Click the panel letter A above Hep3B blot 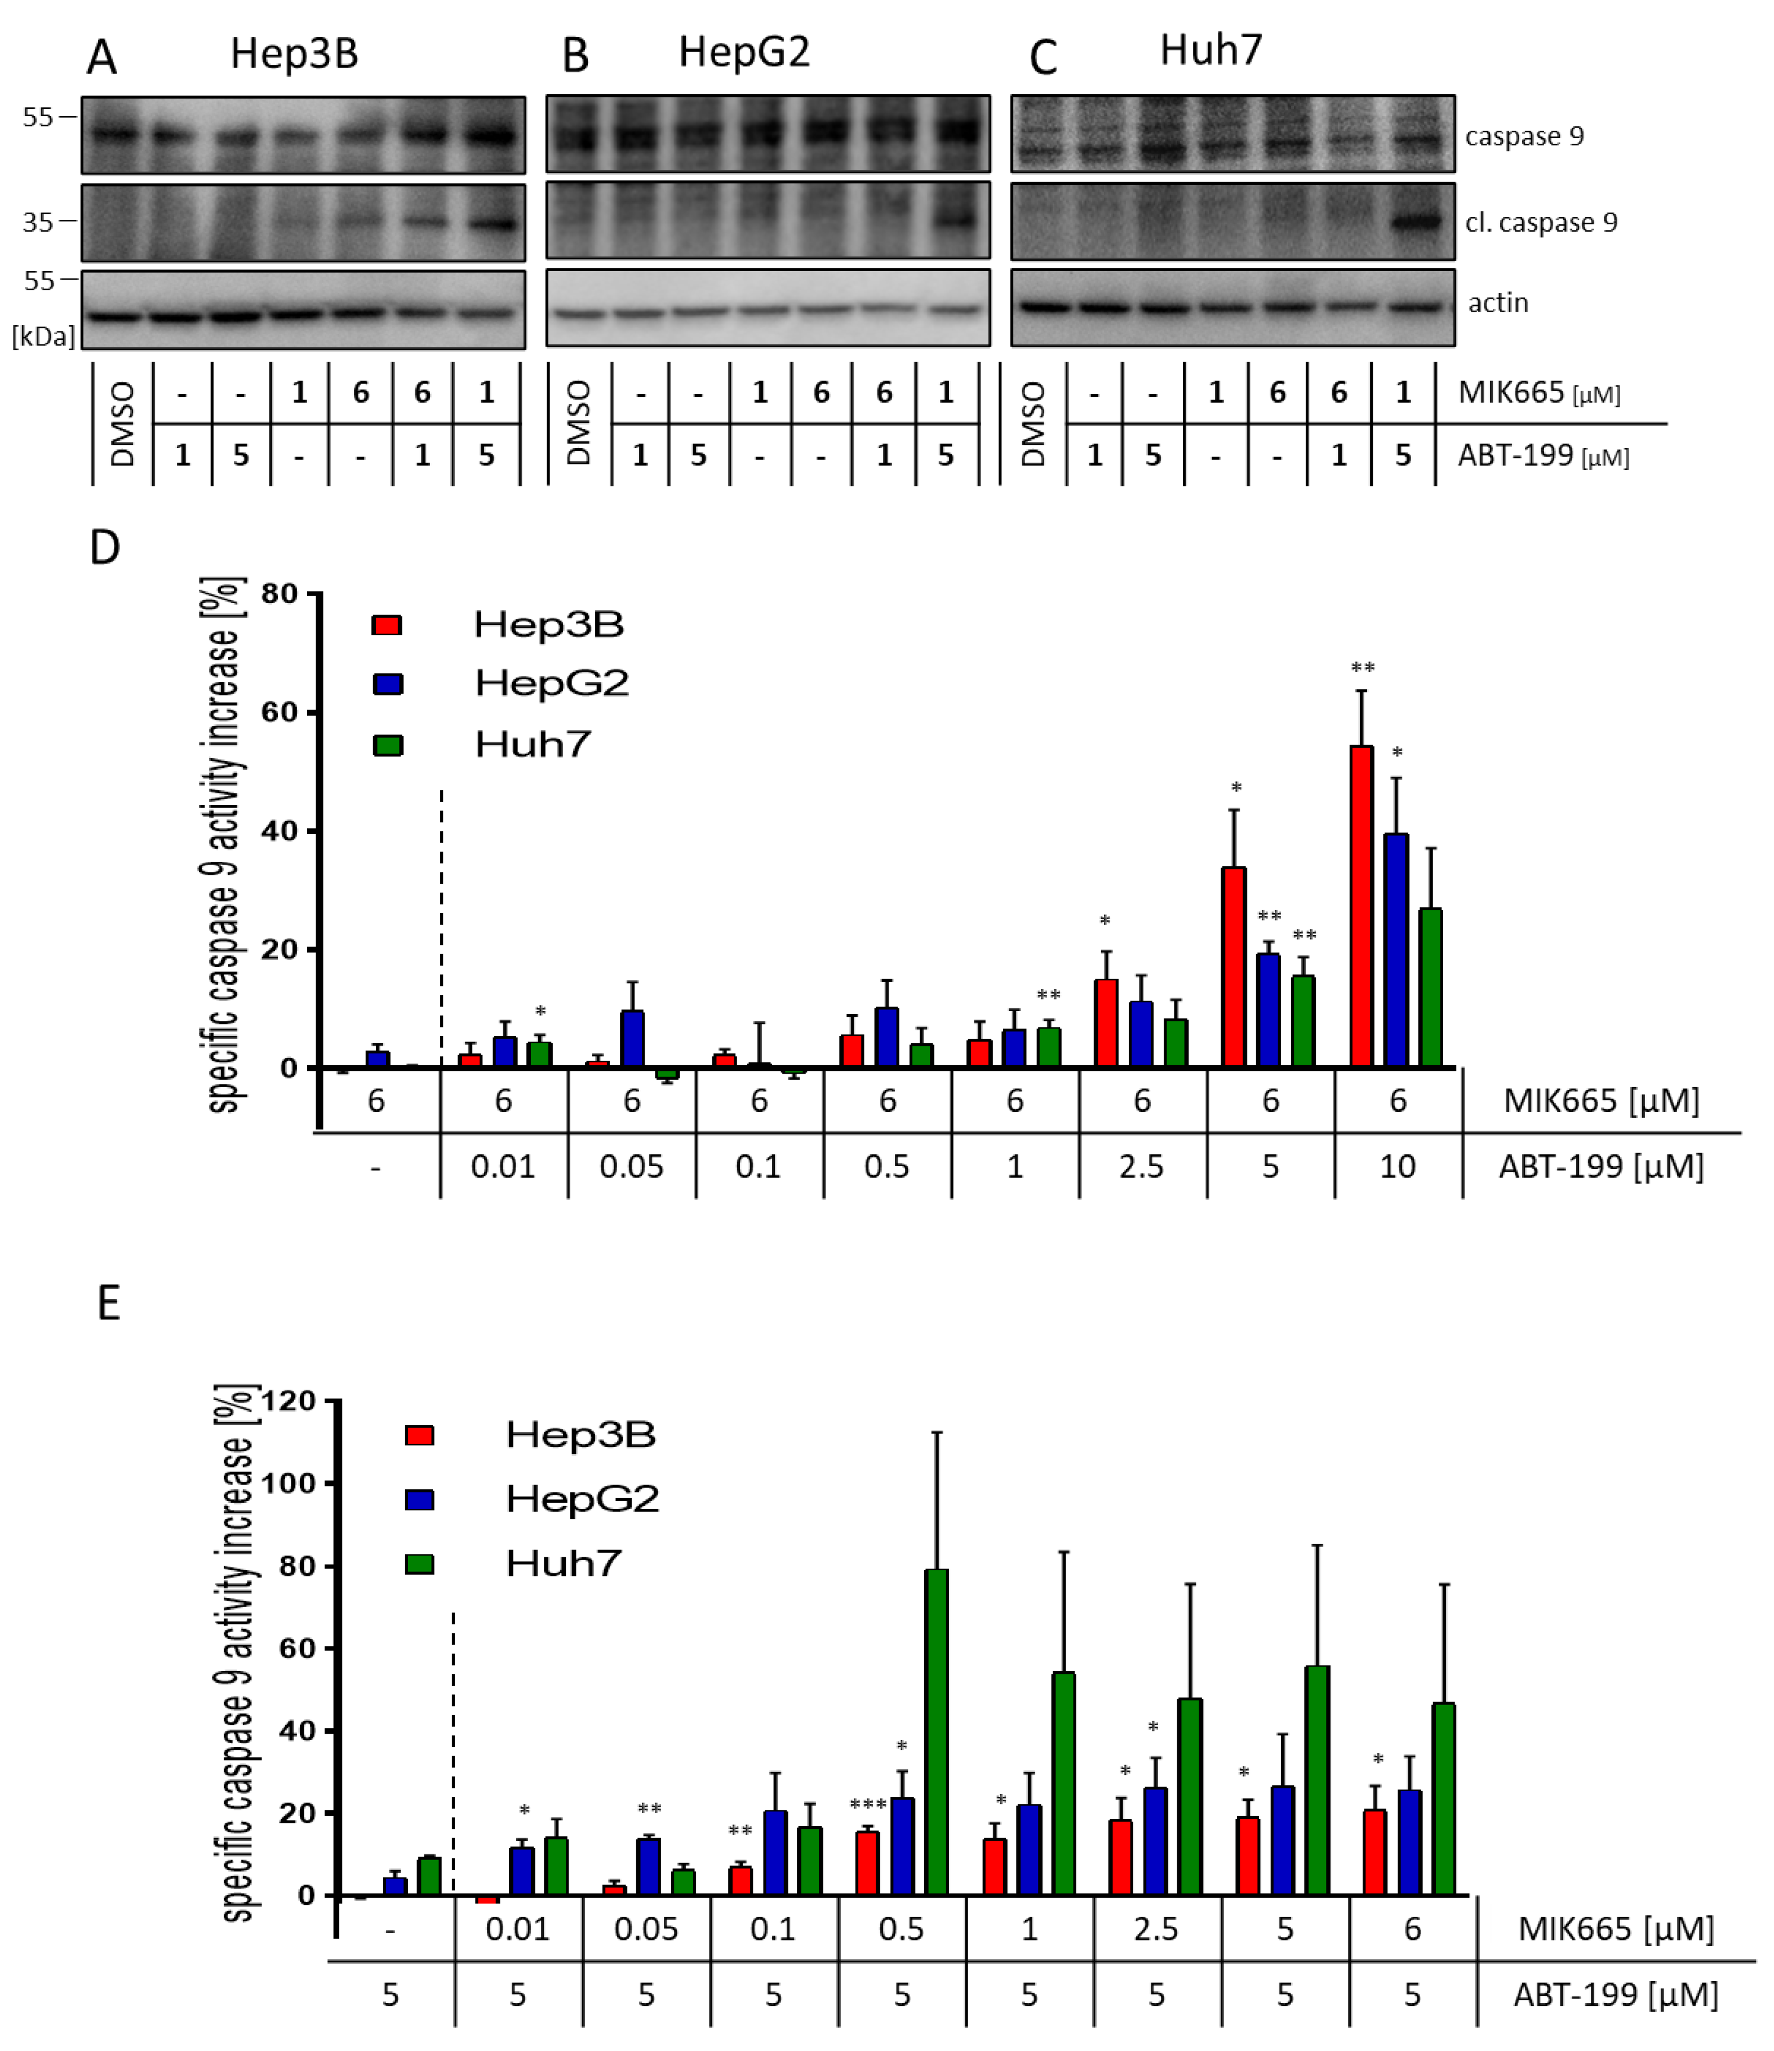tap(102, 57)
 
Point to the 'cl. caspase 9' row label tap(1540, 223)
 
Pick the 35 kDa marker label tap(38, 222)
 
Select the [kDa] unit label tap(43, 336)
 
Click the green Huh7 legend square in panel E tap(420, 1564)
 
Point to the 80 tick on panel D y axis tap(279, 594)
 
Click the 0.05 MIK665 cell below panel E tap(645, 1928)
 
